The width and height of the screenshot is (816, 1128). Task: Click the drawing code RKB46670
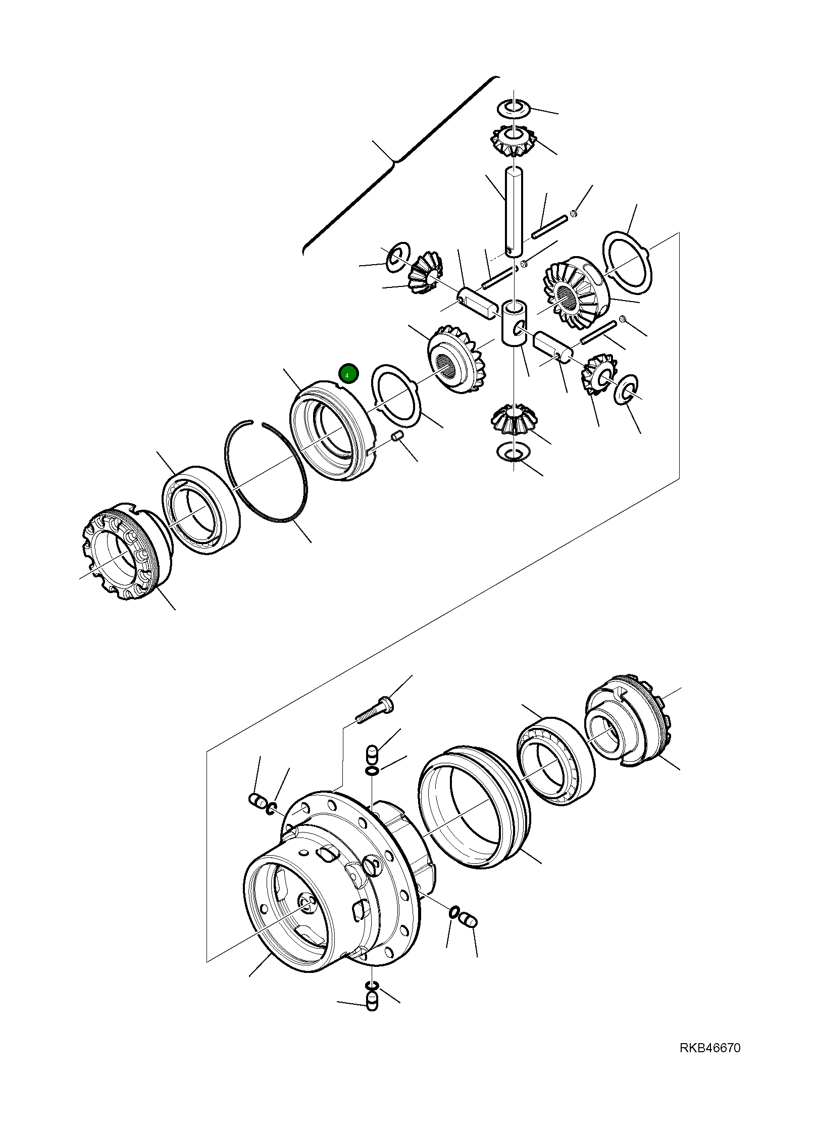click(709, 1048)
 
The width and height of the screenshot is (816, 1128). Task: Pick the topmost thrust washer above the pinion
click(514, 107)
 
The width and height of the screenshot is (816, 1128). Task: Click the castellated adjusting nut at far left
click(121, 552)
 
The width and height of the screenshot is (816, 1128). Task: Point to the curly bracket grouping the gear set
click(394, 162)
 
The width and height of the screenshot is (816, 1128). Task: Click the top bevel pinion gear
click(513, 141)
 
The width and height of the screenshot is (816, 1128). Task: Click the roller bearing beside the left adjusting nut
click(201, 510)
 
